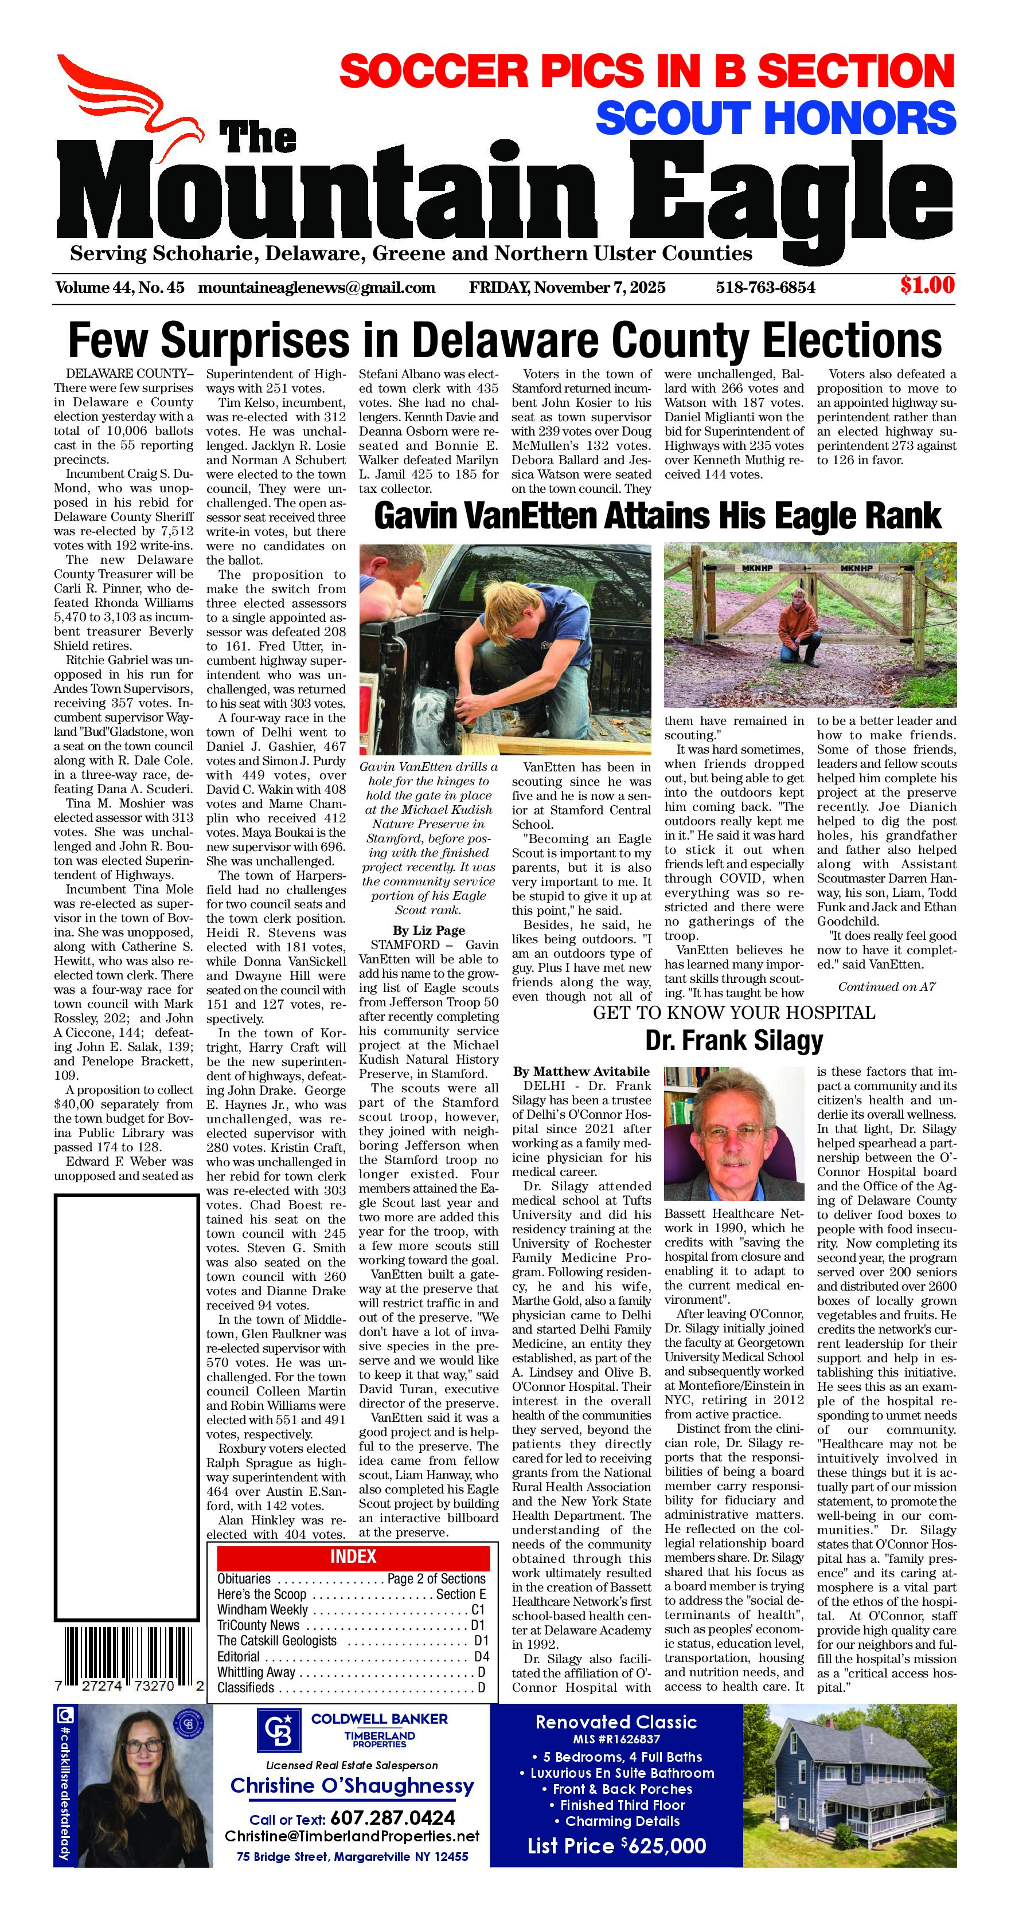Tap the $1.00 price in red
click(x=926, y=285)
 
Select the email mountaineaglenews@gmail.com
click(x=317, y=287)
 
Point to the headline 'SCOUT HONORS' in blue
click(x=775, y=119)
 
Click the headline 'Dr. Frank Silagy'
click(x=734, y=1040)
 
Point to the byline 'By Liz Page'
click(x=428, y=930)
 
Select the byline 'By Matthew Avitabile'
click(x=581, y=1071)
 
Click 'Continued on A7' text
click(x=886, y=987)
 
